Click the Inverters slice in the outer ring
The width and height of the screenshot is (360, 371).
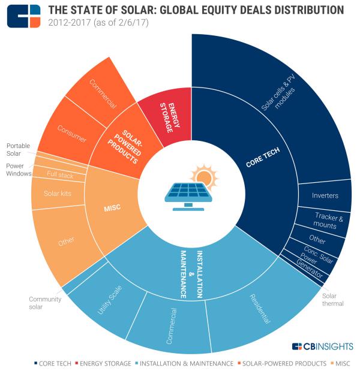coord(325,195)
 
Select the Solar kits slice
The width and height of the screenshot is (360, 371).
coord(58,194)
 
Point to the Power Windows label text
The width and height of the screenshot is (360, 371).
coord(16,170)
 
